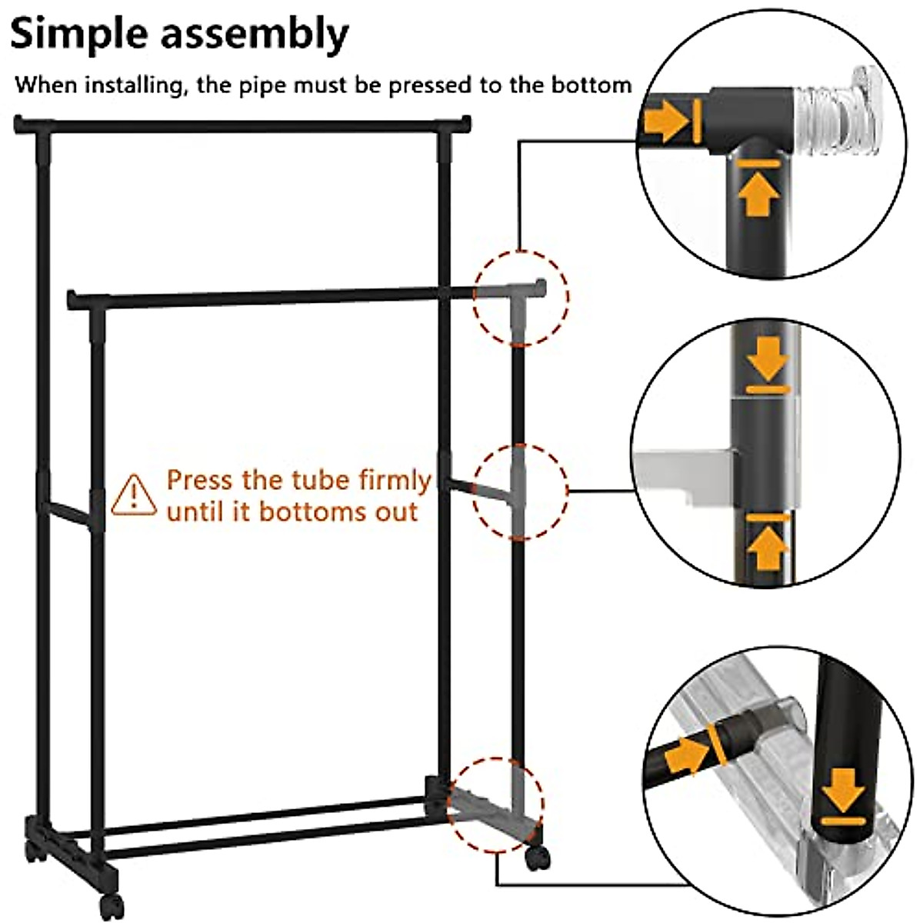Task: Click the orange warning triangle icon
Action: tap(135, 495)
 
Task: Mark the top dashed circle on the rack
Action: tap(521, 297)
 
